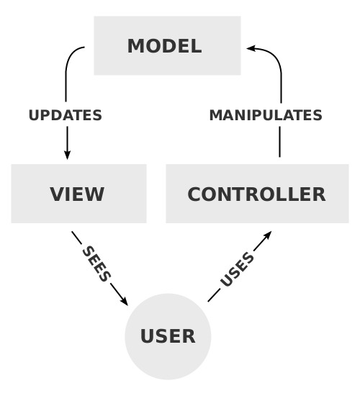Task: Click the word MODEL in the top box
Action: pos(164,46)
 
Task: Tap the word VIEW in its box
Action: pos(77,194)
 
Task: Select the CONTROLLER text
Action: pos(256,194)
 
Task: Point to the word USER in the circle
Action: pos(168,336)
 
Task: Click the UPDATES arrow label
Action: pos(66,115)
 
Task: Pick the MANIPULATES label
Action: pos(266,115)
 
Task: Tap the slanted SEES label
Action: pos(96,264)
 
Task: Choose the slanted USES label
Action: pos(237,269)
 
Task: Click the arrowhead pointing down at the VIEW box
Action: pos(67,155)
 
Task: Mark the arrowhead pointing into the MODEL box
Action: pos(251,48)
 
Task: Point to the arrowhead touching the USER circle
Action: pos(124,301)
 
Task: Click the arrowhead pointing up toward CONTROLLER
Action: pos(267,235)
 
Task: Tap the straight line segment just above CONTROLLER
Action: pos(279,142)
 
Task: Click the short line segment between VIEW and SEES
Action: pos(77,238)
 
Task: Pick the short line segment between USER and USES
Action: pos(214,296)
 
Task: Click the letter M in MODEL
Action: pos(136,46)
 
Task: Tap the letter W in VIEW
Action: pos(94,194)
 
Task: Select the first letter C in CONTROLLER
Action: pos(194,194)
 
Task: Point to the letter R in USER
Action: pos(189,336)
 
